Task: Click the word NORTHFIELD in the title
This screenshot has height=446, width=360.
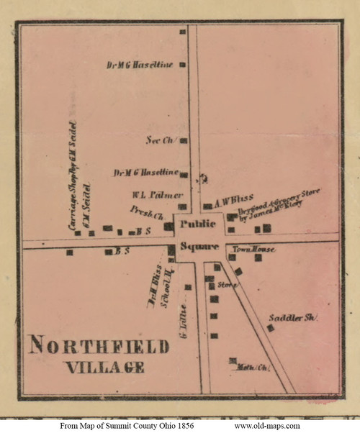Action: pyautogui.click(x=99, y=347)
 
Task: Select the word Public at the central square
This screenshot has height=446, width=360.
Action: pyautogui.click(x=194, y=224)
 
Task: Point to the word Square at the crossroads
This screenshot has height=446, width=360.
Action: pyautogui.click(x=194, y=247)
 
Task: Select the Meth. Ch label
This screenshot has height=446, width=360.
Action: pyautogui.click(x=251, y=368)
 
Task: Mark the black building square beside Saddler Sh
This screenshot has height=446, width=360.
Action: pyautogui.click(x=271, y=328)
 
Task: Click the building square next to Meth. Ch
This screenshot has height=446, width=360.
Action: pyautogui.click(x=233, y=360)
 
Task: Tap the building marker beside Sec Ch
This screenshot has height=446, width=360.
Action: pyautogui.click(x=184, y=141)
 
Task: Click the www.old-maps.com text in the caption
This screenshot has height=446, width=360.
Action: pyautogui.click(x=267, y=426)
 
